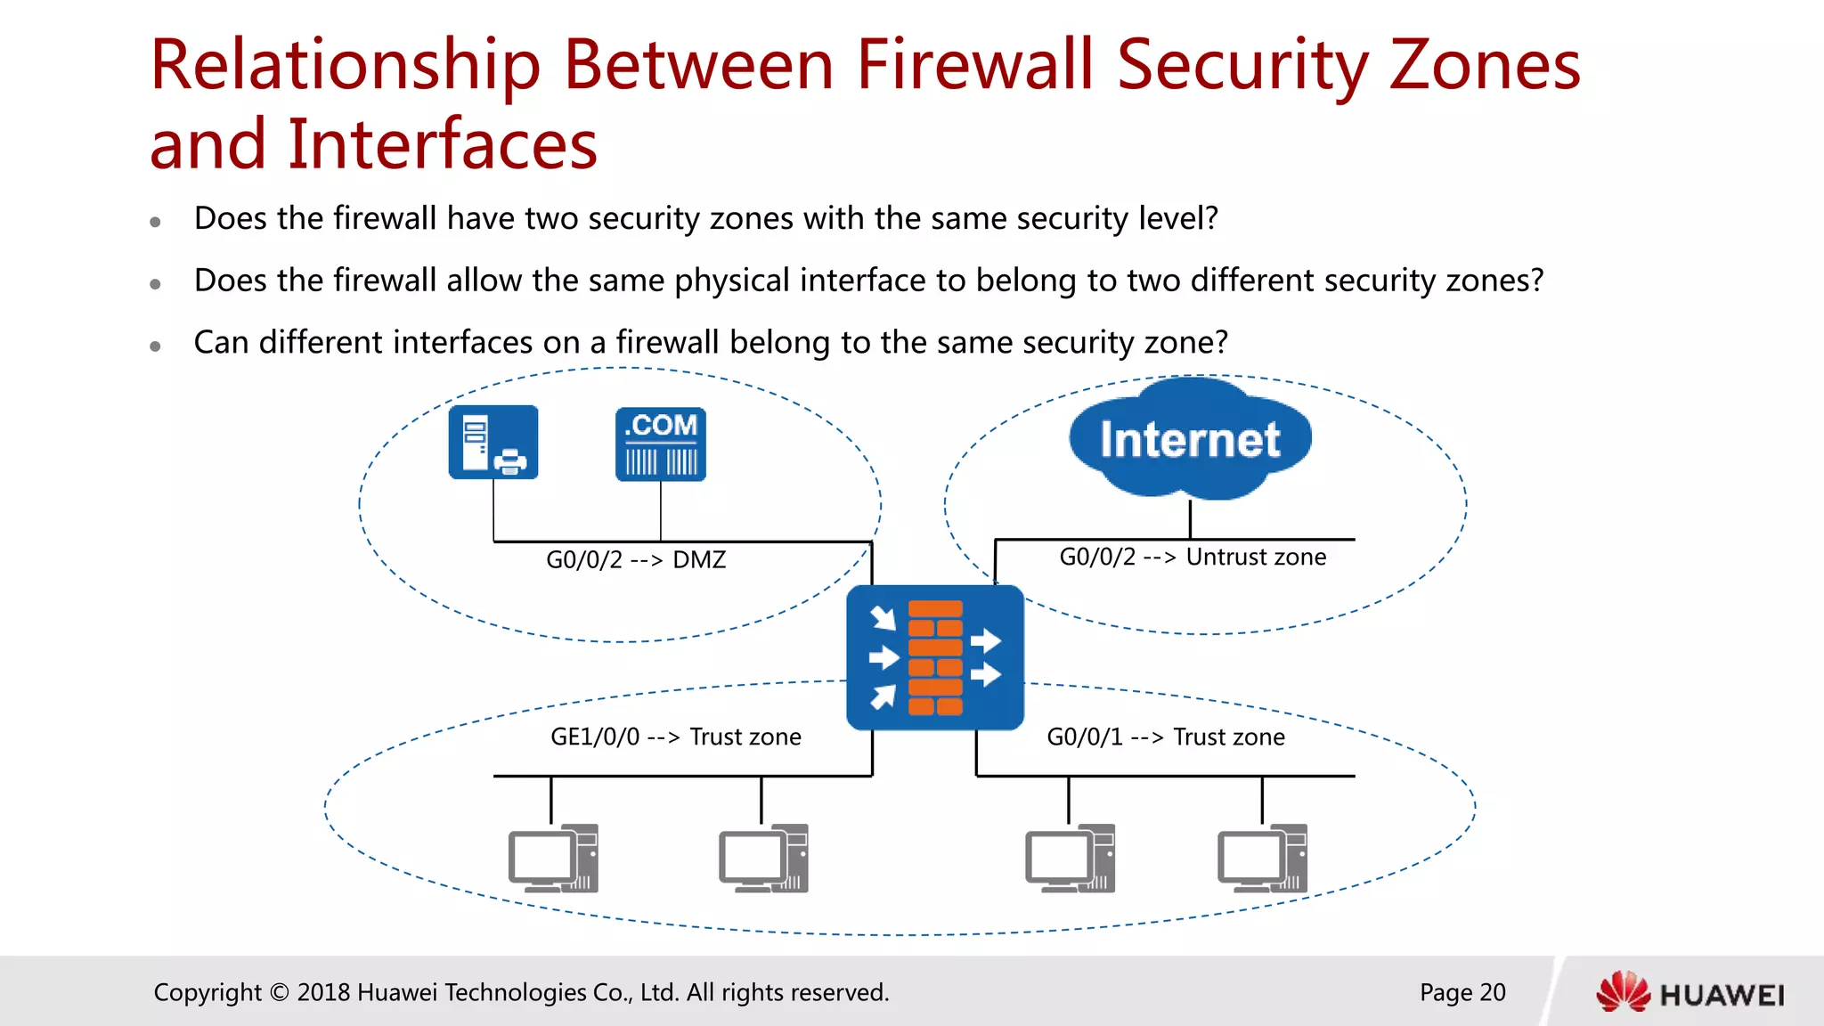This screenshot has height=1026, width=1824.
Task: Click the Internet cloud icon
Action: pyautogui.click(x=1190, y=439)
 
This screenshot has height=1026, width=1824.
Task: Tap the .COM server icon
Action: pyautogui.click(x=661, y=444)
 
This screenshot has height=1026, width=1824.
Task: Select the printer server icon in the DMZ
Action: pyautogui.click(x=493, y=443)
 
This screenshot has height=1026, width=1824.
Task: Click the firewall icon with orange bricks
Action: pyautogui.click(x=935, y=657)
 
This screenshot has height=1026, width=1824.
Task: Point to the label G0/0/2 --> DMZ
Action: pyautogui.click(x=636, y=560)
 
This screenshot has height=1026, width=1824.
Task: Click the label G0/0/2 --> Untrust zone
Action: pyautogui.click(x=1193, y=558)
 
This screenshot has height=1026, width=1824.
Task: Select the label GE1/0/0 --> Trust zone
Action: pyautogui.click(x=676, y=737)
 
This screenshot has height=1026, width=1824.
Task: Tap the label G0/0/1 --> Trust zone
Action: pyautogui.click(x=1166, y=737)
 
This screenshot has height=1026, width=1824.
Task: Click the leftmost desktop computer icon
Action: pyautogui.click(x=553, y=859)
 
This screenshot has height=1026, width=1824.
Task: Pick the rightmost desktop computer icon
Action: pyautogui.click(x=1262, y=859)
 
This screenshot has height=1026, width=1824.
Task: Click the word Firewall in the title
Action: pyautogui.click(x=974, y=66)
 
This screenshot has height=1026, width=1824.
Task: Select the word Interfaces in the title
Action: pyautogui.click(x=443, y=144)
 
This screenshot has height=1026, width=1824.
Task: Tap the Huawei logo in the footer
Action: pyautogui.click(x=1690, y=993)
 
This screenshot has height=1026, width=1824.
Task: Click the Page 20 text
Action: pyautogui.click(x=1462, y=992)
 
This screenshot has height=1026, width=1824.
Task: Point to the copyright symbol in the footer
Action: pyautogui.click(x=279, y=992)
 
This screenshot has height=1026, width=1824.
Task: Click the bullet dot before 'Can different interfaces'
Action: pyautogui.click(x=155, y=346)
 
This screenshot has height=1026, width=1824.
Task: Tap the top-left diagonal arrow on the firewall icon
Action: pyautogui.click(x=883, y=617)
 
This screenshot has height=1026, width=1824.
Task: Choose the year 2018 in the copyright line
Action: pyautogui.click(x=323, y=992)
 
